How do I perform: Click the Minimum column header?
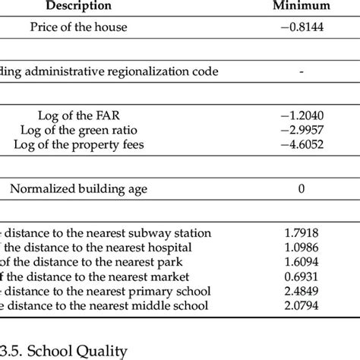302,7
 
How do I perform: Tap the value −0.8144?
302,27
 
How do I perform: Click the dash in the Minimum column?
302,71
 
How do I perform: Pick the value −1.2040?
302,115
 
